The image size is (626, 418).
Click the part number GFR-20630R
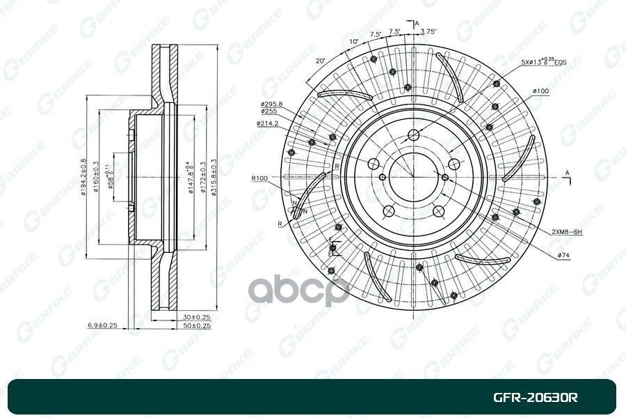click(535, 398)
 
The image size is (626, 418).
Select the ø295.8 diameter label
click(271, 104)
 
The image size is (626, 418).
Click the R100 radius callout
click(260, 179)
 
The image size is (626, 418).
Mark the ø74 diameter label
click(563, 256)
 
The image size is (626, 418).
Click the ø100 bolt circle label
click(541, 91)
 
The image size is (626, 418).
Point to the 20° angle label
click(320, 61)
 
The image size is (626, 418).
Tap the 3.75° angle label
click(430, 31)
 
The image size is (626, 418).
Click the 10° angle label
click(353, 42)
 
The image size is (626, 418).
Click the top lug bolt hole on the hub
click(414, 135)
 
